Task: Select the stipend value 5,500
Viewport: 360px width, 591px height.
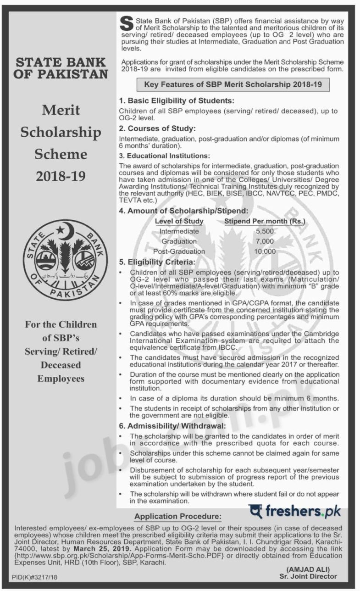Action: tap(265, 231)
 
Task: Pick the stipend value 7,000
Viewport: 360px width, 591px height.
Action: tap(265, 241)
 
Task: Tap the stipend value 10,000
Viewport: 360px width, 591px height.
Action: tap(265, 251)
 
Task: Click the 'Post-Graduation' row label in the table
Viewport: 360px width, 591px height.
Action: tap(179, 251)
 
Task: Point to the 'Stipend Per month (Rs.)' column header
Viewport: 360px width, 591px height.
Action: tap(265, 221)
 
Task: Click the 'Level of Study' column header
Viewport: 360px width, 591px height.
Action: tap(179, 221)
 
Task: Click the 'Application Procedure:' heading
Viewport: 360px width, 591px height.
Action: tap(177, 517)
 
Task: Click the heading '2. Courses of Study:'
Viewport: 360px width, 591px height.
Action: tap(157, 128)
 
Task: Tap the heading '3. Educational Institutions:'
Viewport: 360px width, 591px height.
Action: tap(164, 156)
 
